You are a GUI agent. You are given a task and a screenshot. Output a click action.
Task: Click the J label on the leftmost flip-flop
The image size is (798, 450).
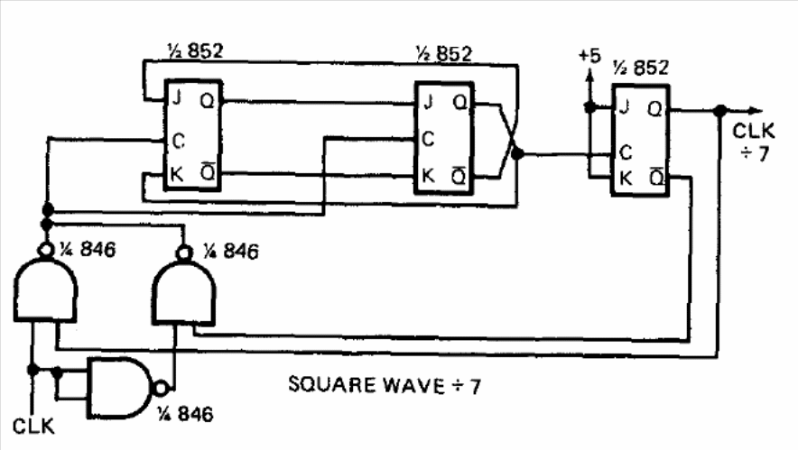click(177, 97)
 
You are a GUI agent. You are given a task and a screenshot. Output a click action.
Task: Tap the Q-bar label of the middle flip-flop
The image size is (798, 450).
click(459, 177)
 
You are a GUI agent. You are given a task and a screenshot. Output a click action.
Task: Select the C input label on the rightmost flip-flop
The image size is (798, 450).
click(626, 152)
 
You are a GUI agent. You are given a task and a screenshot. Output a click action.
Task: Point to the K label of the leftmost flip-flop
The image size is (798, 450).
click(177, 174)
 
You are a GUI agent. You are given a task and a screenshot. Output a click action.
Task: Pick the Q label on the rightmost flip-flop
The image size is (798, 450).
click(655, 109)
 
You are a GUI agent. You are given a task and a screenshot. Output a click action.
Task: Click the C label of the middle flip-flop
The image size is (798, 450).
click(429, 139)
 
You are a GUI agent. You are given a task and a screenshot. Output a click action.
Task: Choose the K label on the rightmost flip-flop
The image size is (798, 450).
click(626, 178)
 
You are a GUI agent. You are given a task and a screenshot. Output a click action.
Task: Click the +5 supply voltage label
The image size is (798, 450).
click(589, 55)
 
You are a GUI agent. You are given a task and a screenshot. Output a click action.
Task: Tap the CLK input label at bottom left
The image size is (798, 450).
click(33, 426)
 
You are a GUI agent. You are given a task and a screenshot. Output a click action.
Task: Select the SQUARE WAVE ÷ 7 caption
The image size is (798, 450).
click(385, 385)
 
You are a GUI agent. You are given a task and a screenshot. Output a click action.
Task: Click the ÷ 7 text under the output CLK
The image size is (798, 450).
click(755, 153)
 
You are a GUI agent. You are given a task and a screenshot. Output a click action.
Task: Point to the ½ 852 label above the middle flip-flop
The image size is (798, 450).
click(444, 53)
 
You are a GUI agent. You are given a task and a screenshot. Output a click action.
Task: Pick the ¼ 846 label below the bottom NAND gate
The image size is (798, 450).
click(185, 414)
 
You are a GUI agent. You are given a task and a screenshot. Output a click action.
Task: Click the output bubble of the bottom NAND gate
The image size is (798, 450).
click(161, 389)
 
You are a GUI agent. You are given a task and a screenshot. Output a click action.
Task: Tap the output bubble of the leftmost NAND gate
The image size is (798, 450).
click(46, 250)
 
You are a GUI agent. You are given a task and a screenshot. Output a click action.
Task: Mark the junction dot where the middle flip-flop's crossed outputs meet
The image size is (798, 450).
click(517, 153)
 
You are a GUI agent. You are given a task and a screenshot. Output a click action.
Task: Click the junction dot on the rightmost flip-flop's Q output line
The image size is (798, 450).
click(719, 110)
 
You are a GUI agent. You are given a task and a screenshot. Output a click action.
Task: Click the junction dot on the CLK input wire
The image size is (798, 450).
click(33, 370)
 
